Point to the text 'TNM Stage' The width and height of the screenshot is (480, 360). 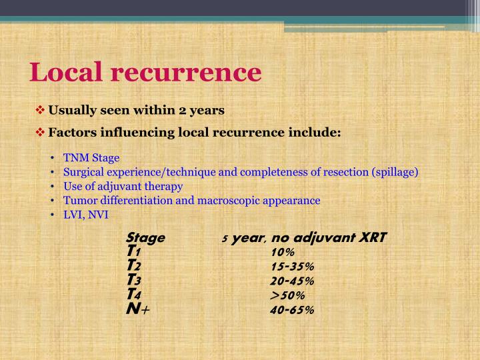(91, 158)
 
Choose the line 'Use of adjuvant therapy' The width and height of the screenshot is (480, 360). (123, 186)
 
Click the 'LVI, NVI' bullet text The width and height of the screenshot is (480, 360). (85, 214)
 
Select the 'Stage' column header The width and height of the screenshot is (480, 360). (145, 237)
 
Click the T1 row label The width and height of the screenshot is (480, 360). (133, 251)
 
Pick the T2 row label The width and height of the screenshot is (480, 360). (133, 266)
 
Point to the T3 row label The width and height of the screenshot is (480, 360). (133, 281)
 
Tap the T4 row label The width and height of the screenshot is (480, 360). (133, 295)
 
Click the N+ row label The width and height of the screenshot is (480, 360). (137, 309)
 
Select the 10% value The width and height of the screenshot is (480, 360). (283, 252)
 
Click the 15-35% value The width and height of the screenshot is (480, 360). (292, 267)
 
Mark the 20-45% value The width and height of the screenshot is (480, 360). (292, 281)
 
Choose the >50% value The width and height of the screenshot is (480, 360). (287, 295)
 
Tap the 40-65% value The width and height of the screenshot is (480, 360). (292, 310)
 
